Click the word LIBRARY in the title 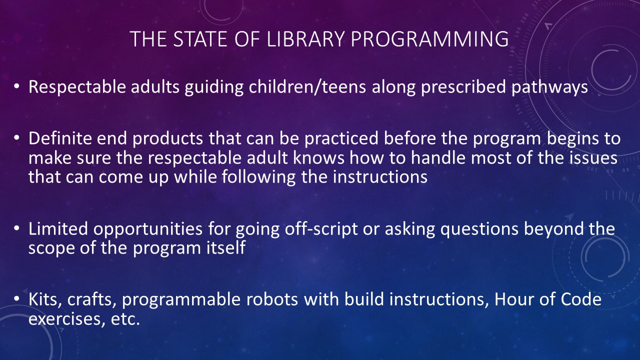tap(305, 39)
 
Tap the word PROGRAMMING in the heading tap(429, 39)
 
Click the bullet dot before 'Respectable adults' tap(16, 85)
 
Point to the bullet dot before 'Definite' tap(16, 137)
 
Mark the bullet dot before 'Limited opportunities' tap(16, 228)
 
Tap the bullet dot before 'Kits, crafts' tap(16, 298)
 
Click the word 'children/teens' tap(307, 87)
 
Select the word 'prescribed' tap(463, 87)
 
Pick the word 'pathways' tap(549, 87)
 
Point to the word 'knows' tap(318, 157)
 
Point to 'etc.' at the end tap(125, 318)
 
